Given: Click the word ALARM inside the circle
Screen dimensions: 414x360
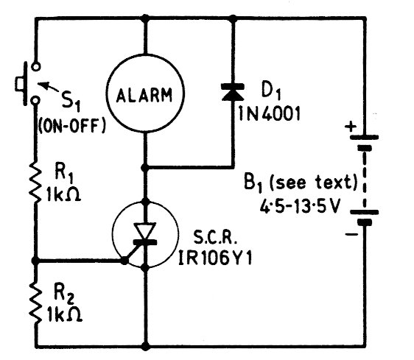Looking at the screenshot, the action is click(x=144, y=95).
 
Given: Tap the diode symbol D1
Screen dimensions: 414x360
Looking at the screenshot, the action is click(x=233, y=92).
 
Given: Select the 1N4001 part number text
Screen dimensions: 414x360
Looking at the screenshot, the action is click(x=270, y=114).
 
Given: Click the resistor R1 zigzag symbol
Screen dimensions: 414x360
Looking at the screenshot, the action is click(x=35, y=182).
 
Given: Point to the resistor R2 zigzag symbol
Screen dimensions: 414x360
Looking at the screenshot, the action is click(x=35, y=303).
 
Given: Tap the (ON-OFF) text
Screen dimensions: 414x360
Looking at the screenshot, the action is click(x=72, y=125).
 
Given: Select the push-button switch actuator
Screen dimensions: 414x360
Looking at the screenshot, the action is click(x=21, y=83).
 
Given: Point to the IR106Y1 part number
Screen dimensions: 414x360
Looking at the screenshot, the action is click(x=215, y=258).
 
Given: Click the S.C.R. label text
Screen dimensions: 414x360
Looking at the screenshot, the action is click(x=215, y=237).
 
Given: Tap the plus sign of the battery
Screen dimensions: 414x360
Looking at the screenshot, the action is click(x=351, y=127).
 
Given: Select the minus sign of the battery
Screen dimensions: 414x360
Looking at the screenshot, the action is click(x=351, y=234).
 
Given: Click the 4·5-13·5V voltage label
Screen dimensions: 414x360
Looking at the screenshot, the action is click(x=299, y=206).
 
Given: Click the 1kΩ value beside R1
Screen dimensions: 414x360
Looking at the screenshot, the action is click(x=63, y=194).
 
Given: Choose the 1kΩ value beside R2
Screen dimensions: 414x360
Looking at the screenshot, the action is click(x=65, y=314).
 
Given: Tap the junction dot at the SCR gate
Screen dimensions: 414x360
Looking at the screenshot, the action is click(x=124, y=261).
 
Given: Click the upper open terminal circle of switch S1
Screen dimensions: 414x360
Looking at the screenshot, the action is click(x=35, y=66).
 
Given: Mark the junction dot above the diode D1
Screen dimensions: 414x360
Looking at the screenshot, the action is click(x=233, y=18).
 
